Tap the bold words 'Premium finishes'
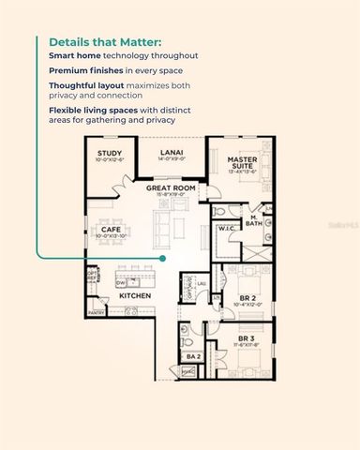point(78,70)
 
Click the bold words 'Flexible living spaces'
point(87,111)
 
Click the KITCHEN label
point(135,296)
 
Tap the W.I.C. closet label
point(226,229)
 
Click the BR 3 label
point(246,337)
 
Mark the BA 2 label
point(193,356)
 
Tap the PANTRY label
point(96,312)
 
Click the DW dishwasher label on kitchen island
point(122,282)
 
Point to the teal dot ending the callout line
point(162,257)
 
